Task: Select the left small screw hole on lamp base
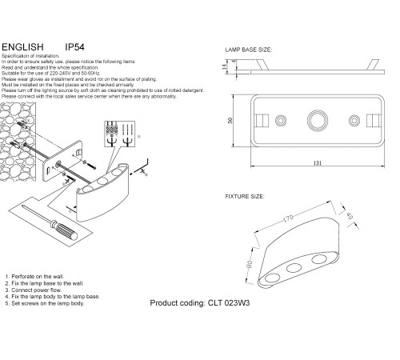click(x=281, y=121)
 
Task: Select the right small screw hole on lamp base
click(x=353, y=121)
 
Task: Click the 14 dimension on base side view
click(x=226, y=68)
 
